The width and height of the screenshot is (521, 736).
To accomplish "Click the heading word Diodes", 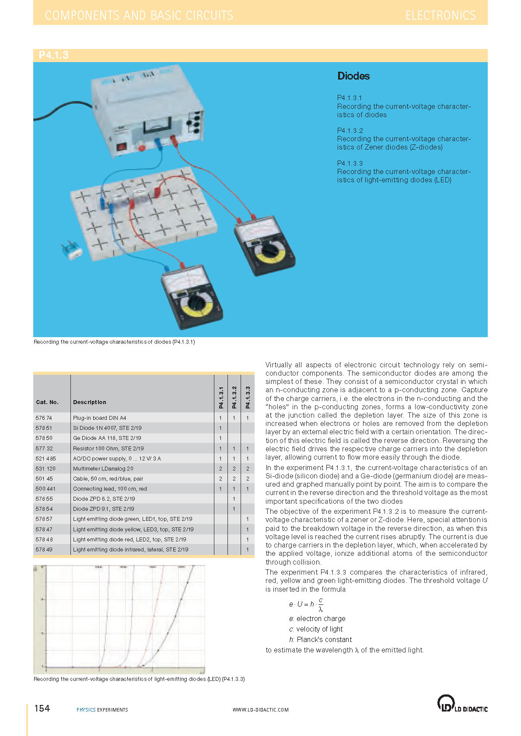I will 353,76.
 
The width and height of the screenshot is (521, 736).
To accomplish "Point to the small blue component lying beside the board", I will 71,250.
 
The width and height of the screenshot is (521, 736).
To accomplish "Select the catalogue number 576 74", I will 44,418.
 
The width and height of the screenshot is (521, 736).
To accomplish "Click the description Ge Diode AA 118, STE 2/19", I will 107,438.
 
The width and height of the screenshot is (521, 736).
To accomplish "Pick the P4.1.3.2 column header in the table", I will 234,398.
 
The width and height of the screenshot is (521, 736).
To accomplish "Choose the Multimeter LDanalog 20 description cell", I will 103,469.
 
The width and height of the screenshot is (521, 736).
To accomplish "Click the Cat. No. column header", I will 47,402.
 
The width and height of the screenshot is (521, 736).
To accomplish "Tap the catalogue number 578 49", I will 44,550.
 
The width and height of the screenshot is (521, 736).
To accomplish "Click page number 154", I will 42,708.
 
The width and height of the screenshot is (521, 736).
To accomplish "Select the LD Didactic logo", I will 462,704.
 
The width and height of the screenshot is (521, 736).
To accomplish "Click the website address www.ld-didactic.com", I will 260,710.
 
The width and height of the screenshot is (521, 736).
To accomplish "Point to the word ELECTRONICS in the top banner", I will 440,15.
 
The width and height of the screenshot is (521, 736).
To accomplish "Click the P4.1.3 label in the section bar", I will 53,55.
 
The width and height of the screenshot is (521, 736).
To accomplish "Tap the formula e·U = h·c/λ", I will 306,604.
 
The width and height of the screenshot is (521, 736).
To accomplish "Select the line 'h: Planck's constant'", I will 320,639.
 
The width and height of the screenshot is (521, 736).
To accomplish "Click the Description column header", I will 90,402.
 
